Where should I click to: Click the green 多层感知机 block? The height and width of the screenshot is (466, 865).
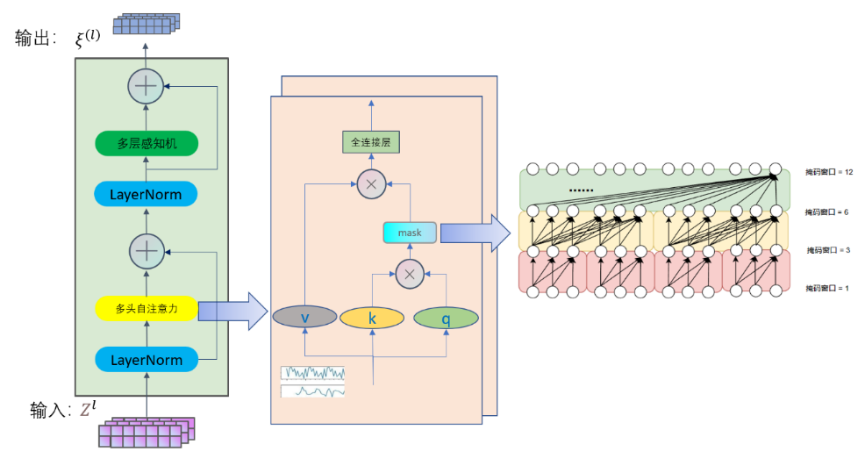[x=147, y=142]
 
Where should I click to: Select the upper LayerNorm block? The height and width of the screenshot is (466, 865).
[x=147, y=194]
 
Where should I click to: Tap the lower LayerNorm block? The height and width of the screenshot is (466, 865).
[x=147, y=359]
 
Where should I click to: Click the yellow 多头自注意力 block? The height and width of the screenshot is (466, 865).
[x=147, y=308]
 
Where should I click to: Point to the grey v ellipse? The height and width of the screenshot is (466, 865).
[x=304, y=319]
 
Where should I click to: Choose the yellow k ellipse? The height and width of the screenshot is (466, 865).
[x=372, y=319]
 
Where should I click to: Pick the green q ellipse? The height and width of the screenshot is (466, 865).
[x=446, y=319]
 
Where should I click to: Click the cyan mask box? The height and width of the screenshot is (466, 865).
[x=410, y=233]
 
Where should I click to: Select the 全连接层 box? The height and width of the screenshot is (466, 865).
[x=369, y=141]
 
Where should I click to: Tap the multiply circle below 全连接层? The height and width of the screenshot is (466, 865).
[x=369, y=183]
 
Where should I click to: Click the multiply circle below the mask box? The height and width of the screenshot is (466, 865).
[x=408, y=274]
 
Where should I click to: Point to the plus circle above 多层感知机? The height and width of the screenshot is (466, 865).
[x=146, y=86]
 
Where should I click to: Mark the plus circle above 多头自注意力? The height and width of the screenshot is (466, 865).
[x=146, y=251]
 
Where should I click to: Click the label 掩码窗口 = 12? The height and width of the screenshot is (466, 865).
[x=829, y=173]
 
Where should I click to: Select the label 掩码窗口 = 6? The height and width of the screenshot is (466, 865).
[x=829, y=212]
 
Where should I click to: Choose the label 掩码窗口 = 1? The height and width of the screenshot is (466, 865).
[x=829, y=288]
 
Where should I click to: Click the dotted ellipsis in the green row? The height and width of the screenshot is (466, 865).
[x=581, y=189]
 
